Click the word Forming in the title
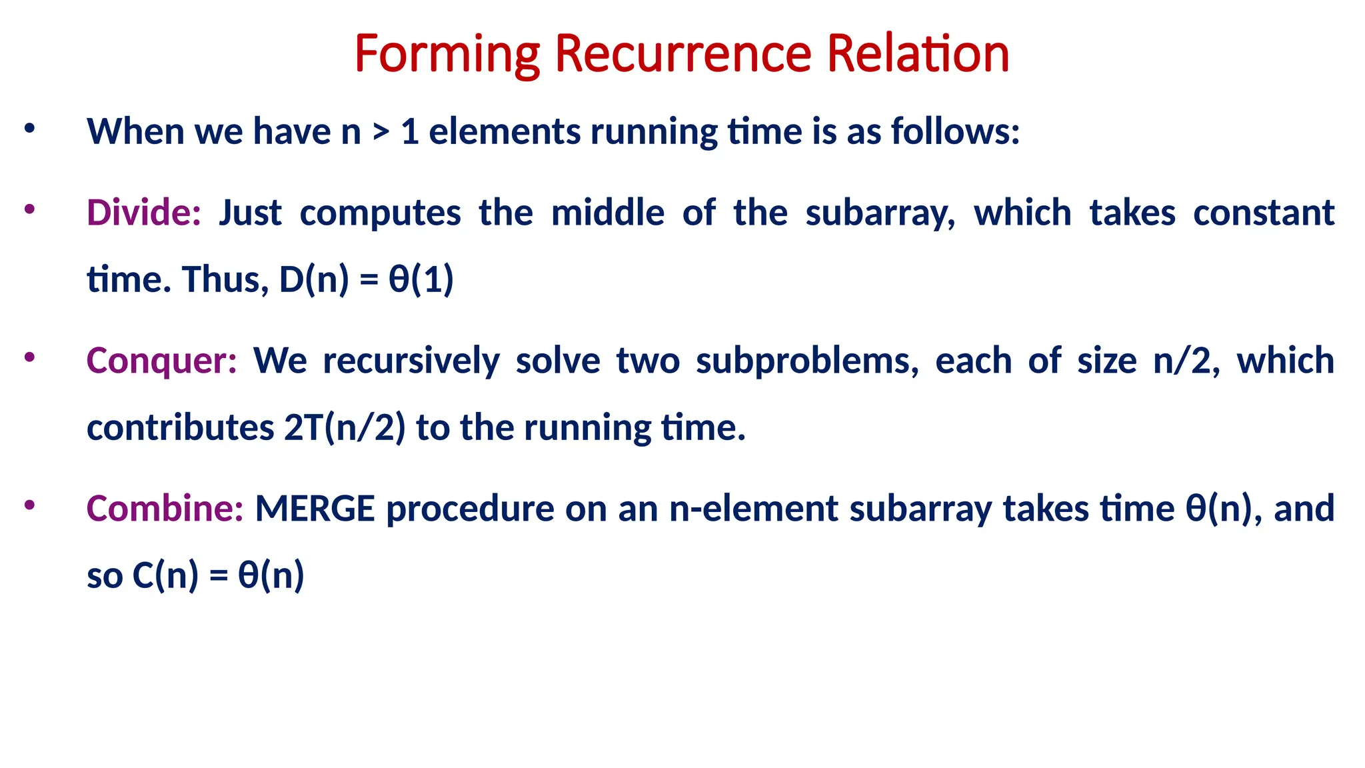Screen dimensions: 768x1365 tap(447, 55)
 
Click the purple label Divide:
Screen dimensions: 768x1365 tap(143, 213)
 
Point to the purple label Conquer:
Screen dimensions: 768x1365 tap(161, 361)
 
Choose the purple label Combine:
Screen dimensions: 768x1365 tap(165, 509)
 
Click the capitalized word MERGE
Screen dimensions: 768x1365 tap(315, 509)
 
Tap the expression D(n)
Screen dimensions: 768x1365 tap(313, 279)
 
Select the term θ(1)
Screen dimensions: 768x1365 tap(421, 279)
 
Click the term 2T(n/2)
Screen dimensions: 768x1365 tap(345, 427)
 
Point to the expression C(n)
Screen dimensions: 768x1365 tap(165, 575)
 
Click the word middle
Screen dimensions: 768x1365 tap(608, 213)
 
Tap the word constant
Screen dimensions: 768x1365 tap(1264, 213)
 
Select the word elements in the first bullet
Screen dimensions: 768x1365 tap(505, 131)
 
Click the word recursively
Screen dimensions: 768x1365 tap(411, 361)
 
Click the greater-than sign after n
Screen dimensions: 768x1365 tap(381, 131)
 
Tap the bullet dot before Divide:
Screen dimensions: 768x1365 tap(29, 209)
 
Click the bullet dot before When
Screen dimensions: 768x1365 tap(29, 128)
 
